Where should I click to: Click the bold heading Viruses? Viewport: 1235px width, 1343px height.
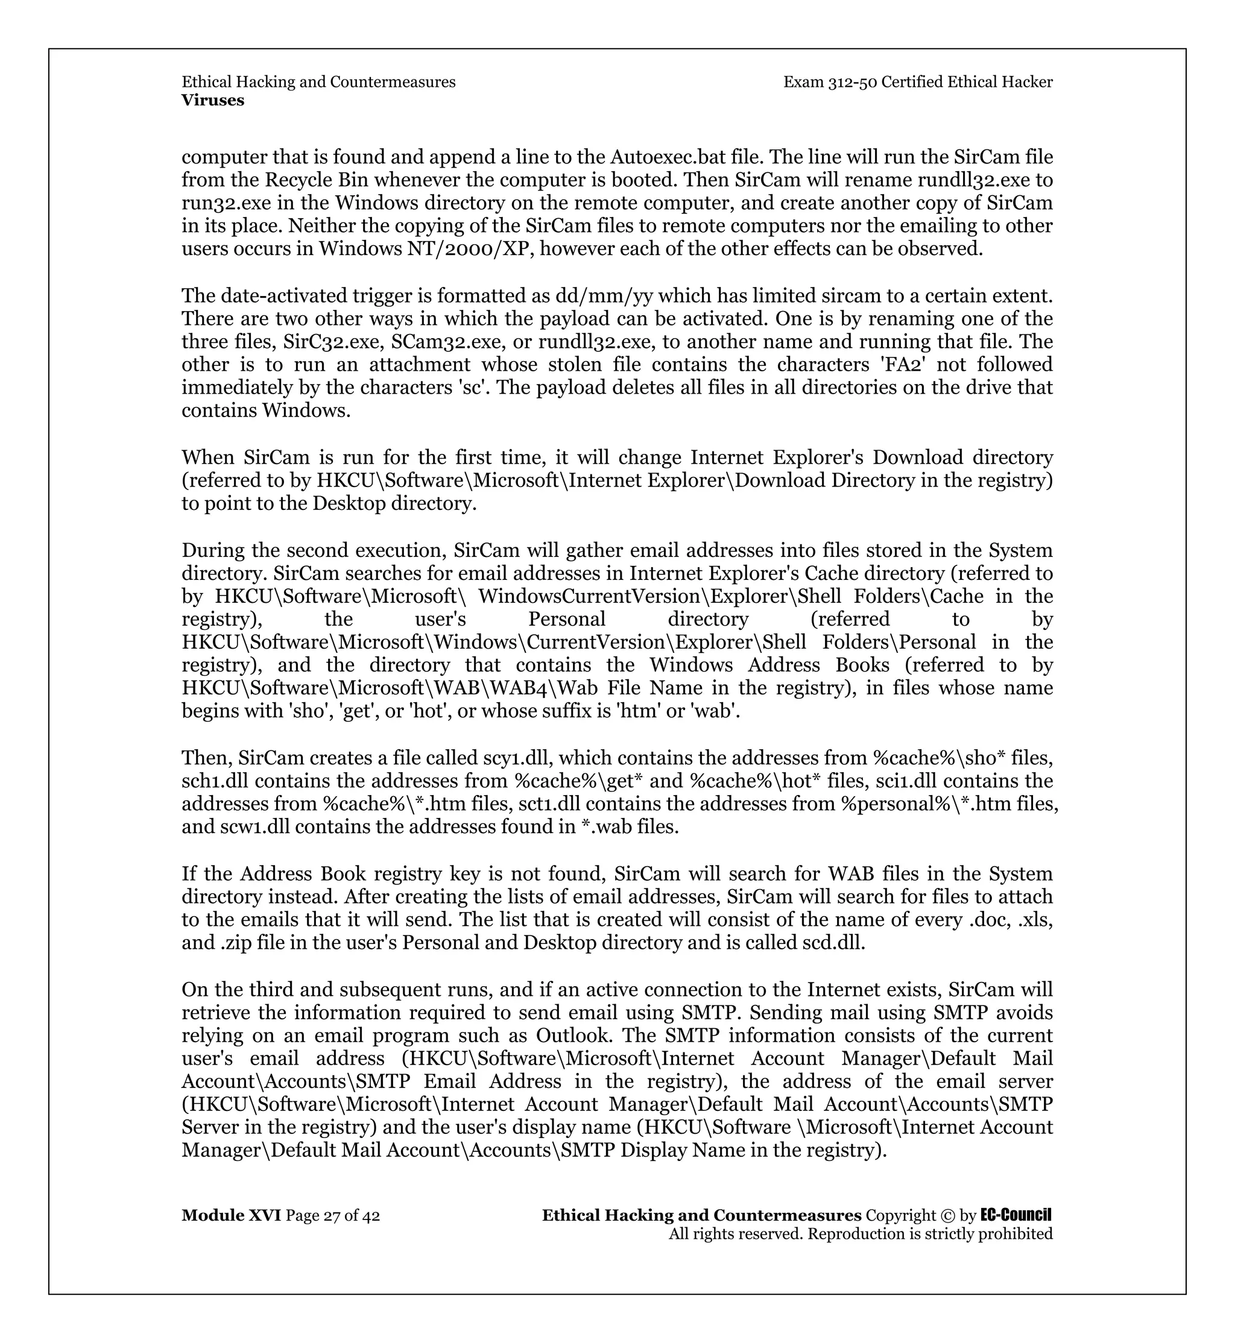click(x=212, y=100)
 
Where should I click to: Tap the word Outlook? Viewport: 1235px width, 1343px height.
click(x=573, y=1035)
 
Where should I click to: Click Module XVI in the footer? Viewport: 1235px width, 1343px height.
click(x=231, y=1215)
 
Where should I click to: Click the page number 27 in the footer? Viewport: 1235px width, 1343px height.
click(x=332, y=1215)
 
